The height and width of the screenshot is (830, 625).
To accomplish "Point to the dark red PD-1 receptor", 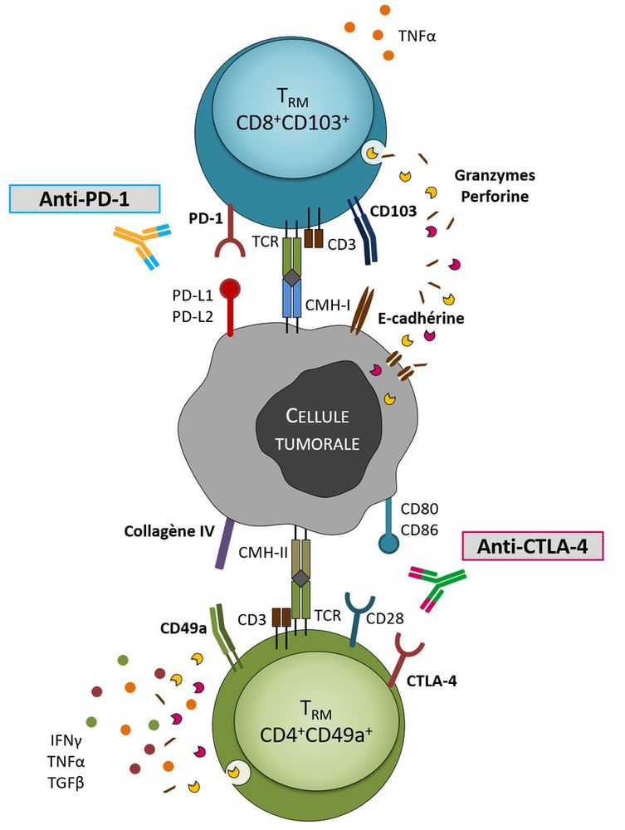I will click(228, 237).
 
